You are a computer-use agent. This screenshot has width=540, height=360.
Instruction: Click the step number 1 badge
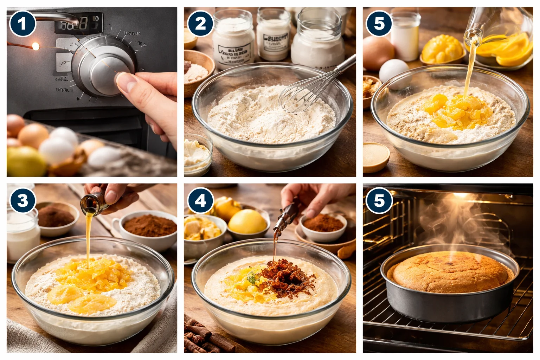(22, 24)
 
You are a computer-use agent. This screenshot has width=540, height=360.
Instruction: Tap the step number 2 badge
(200, 24)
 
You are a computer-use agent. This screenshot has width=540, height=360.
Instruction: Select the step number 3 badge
(22, 201)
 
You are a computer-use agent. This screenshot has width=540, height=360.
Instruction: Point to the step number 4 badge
(200, 201)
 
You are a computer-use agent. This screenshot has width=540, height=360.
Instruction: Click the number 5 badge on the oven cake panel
(379, 201)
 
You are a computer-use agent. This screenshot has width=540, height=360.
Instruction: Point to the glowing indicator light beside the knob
(35, 46)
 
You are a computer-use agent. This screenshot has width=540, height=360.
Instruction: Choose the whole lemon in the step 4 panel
(247, 221)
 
